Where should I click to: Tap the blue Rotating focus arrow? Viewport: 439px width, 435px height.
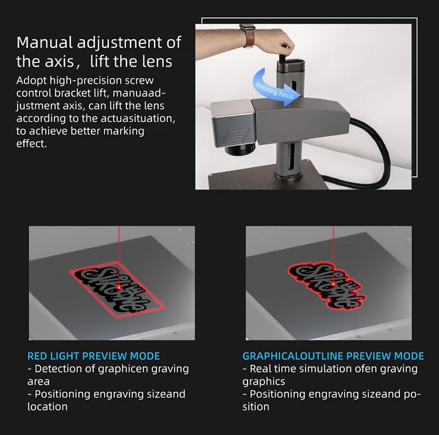275,90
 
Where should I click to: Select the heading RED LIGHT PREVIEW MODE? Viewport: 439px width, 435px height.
94,356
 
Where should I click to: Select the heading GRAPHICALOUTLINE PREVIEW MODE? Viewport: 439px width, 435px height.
333,356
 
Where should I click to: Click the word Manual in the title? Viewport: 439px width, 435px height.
45,43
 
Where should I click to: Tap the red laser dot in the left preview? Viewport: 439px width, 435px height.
118,287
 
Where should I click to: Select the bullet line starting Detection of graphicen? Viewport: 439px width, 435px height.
108,369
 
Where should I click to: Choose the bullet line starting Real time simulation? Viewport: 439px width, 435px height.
330,369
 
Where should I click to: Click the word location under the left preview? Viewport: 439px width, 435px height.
47,406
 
